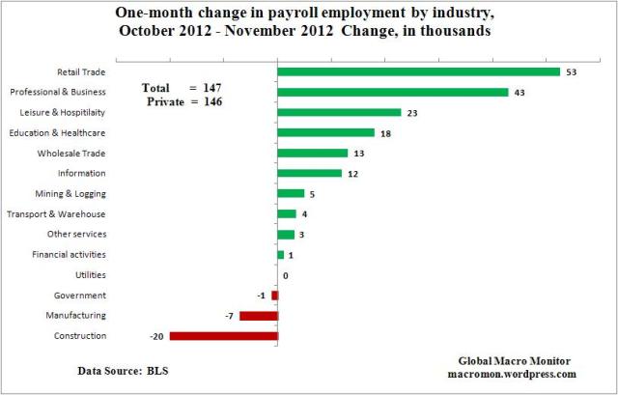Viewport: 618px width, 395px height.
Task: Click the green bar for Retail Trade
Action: [x=418, y=71]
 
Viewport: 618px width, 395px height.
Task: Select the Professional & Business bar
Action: [x=392, y=92]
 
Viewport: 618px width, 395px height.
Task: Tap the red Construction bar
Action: [x=223, y=336]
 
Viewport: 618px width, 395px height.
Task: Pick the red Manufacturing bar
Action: [x=258, y=315]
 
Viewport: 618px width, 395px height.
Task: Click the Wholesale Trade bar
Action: [x=312, y=153]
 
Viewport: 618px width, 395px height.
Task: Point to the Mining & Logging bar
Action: [x=290, y=193]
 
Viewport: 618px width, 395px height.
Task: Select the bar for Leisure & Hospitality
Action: [x=338, y=112]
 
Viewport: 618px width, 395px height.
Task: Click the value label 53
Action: [x=573, y=71]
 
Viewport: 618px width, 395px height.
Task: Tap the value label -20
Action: [x=156, y=336]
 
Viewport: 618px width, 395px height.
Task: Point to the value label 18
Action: [x=386, y=132]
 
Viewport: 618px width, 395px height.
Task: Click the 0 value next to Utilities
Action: [x=286, y=275]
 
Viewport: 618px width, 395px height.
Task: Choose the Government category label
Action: [x=82, y=296]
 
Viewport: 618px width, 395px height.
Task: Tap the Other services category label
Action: [x=76, y=235]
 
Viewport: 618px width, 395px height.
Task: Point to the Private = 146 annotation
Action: [x=183, y=100]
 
